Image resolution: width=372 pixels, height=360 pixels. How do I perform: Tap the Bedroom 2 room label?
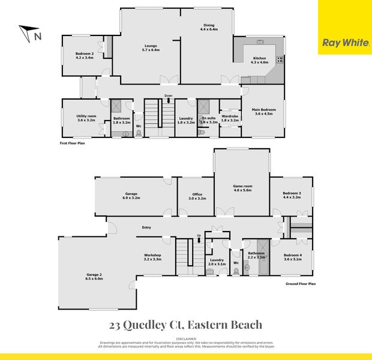[85, 56]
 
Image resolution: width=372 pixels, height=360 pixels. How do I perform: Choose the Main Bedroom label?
[263, 112]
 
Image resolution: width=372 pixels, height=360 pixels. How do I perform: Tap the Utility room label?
[86, 118]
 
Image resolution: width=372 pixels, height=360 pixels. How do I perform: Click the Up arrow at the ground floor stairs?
[199, 238]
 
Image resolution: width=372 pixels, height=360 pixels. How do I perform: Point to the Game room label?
[242, 188]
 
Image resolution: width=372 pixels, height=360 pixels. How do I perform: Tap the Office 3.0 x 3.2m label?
[197, 196]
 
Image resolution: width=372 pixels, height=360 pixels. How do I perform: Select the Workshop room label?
[153, 257]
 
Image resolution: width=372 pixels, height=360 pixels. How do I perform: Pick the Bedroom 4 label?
[293, 257]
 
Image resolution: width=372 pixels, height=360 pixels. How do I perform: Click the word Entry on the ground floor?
[146, 227]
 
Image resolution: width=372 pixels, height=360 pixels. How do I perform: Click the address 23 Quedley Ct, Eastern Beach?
[186, 325]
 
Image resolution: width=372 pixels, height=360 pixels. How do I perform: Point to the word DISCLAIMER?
[185, 338]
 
